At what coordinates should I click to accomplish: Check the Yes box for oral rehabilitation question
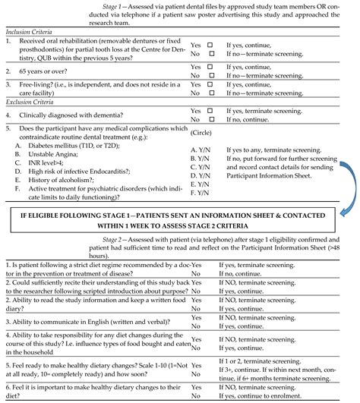pos(210,44)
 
